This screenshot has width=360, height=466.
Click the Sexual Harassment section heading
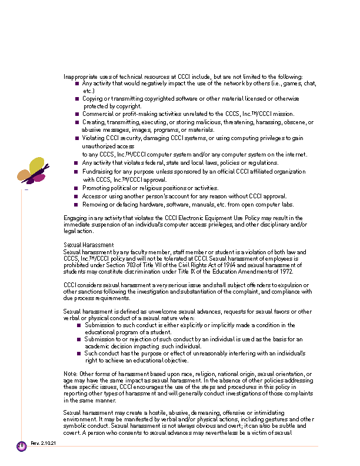[x=89, y=245]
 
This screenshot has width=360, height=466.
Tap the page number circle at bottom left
[x=21, y=446]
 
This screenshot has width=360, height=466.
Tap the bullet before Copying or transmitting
[x=77, y=99]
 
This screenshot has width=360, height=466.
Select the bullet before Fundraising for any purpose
[x=77, y=172]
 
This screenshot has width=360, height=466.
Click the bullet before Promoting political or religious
[x=77, y=188]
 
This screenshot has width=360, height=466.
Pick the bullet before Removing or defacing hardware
[x=77, y=205]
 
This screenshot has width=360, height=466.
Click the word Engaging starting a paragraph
[x=75, y=218]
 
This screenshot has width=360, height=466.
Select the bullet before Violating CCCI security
[x=77, y=138]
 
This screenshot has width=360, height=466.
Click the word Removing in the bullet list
[x=95, y=205]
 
